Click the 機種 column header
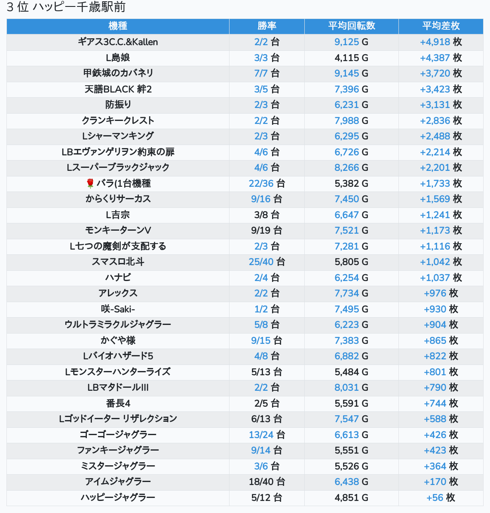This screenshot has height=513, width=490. pos(118,26)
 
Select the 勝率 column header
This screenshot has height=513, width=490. pos(267,26)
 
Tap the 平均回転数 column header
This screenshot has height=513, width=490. pos(352,26)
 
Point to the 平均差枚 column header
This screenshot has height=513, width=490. pos(441,26)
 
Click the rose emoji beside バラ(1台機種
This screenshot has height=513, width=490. pos(90,183)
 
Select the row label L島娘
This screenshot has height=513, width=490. pos(118,58)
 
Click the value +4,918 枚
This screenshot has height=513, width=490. pos(441,42)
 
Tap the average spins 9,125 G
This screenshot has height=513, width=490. pos(352,42)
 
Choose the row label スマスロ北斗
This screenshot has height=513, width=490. pos(118,262)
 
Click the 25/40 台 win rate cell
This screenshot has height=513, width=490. pos(267,262)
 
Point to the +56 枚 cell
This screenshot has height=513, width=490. pos(441,498)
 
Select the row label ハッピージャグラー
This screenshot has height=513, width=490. pos(118,498)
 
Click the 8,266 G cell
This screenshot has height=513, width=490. pos(352,167)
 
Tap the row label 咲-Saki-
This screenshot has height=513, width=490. pos(118,309)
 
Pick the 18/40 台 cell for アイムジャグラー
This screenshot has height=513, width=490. pos(267,482)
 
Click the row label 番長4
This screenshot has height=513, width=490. pos(118,403)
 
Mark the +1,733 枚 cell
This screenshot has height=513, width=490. pos(441,183)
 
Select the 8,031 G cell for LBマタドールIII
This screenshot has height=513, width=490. pos(352,387)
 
